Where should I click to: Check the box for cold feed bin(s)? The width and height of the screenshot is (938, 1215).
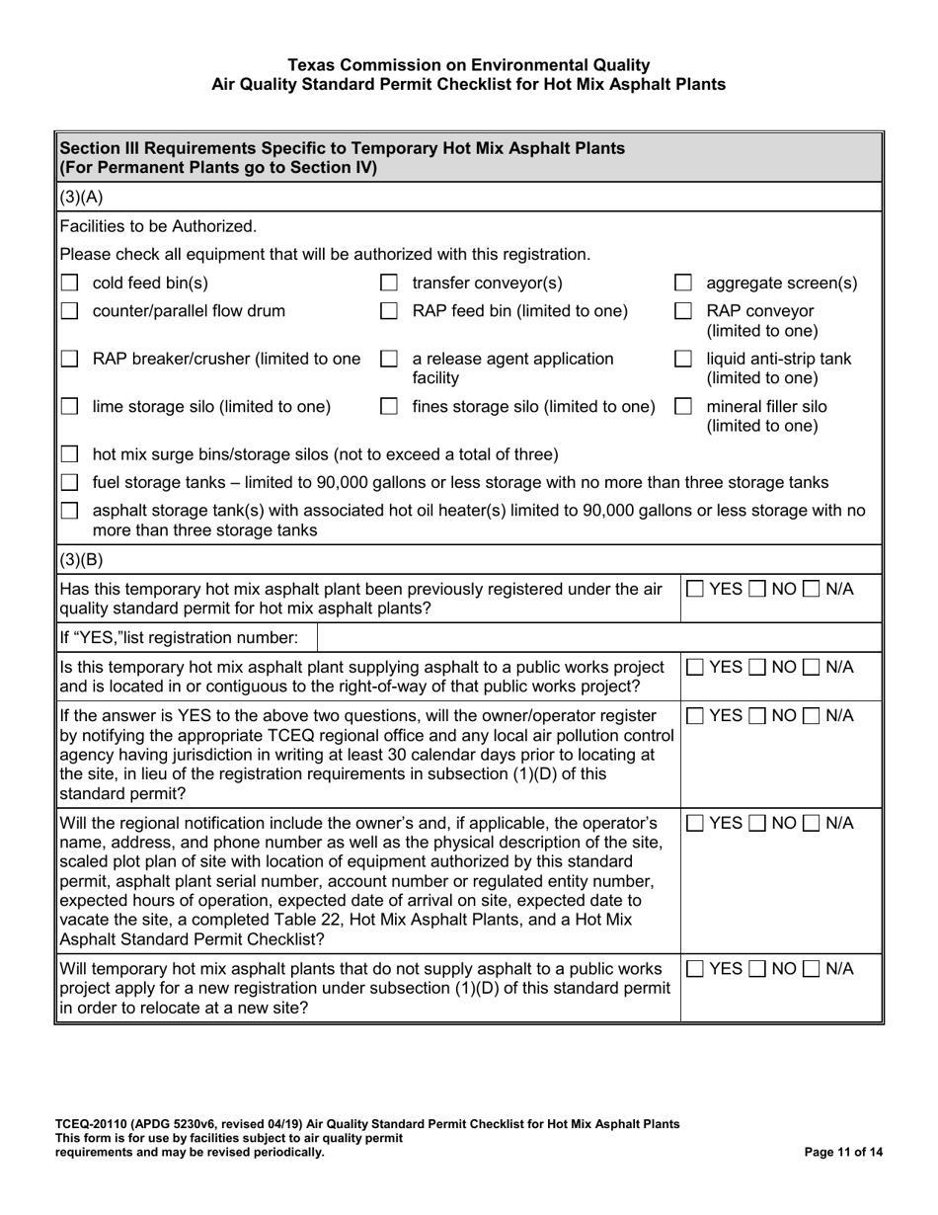(x=69, y=283)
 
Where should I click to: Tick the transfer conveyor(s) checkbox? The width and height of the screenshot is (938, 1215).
(x=389, y=283)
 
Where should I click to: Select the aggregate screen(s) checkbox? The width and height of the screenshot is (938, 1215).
(x=682, y=283)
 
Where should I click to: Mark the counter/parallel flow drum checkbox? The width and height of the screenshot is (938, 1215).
(x=69, y=312)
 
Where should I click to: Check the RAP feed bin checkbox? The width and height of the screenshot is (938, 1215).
(x=389, y=312)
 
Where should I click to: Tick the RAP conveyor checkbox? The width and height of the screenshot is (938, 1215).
(x=682, y=312)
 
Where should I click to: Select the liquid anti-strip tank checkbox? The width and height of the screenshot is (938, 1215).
(x=682, y=360)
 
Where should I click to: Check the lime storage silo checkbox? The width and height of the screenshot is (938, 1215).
(x=69, y=406)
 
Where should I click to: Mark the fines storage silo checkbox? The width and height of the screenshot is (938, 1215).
(x=389, y=406)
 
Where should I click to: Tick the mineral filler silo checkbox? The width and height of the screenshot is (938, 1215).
(x=682, y=406)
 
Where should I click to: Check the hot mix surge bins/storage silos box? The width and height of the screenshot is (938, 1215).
(x=69, y=454)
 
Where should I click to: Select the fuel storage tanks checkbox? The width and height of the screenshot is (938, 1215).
(x=69, y=482)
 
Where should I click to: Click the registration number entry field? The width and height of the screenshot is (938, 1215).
(x=597, y=635)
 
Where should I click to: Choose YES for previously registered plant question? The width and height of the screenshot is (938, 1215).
(x=695, y=589)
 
